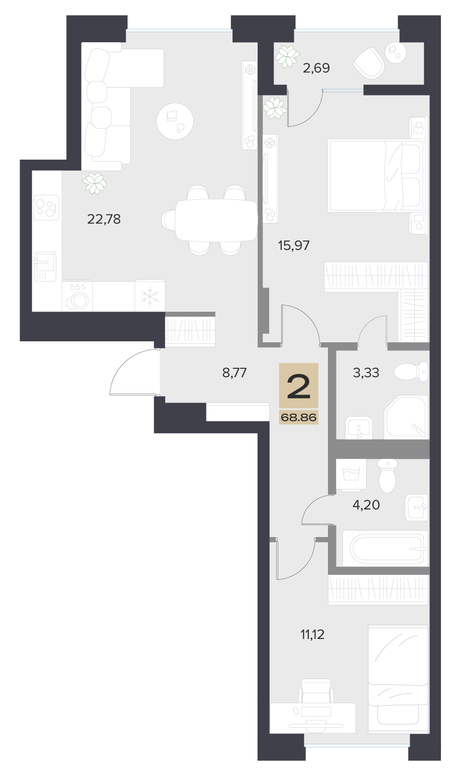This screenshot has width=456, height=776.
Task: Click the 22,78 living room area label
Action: click(104, 219)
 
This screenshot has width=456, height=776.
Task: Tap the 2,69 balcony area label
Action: click(316, 68)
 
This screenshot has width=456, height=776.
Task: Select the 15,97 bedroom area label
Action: click(293, 245)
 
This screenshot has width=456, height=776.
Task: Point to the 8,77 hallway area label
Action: click(234, 373)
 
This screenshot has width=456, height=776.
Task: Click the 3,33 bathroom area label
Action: click(366, 373)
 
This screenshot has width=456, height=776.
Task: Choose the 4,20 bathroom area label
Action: click(366, 505)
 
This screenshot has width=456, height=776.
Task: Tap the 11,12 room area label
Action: click(312, 634)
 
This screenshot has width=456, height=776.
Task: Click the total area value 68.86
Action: click(299, 418)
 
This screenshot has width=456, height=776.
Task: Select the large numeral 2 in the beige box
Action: click(298, 386)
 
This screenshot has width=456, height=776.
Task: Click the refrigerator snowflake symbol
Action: click(150, 296)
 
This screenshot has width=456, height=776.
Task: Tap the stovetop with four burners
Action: click(46, 207)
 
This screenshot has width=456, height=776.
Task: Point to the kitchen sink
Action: click(45, 266)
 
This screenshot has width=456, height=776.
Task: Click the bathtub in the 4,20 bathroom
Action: click(387, 549)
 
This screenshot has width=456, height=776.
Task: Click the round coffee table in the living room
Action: click(175, 121)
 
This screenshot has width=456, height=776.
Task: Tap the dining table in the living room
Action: click(216, 220)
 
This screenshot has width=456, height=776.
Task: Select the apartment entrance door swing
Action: click(135, 372)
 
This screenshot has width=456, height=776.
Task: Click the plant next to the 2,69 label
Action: click(287, 57)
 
